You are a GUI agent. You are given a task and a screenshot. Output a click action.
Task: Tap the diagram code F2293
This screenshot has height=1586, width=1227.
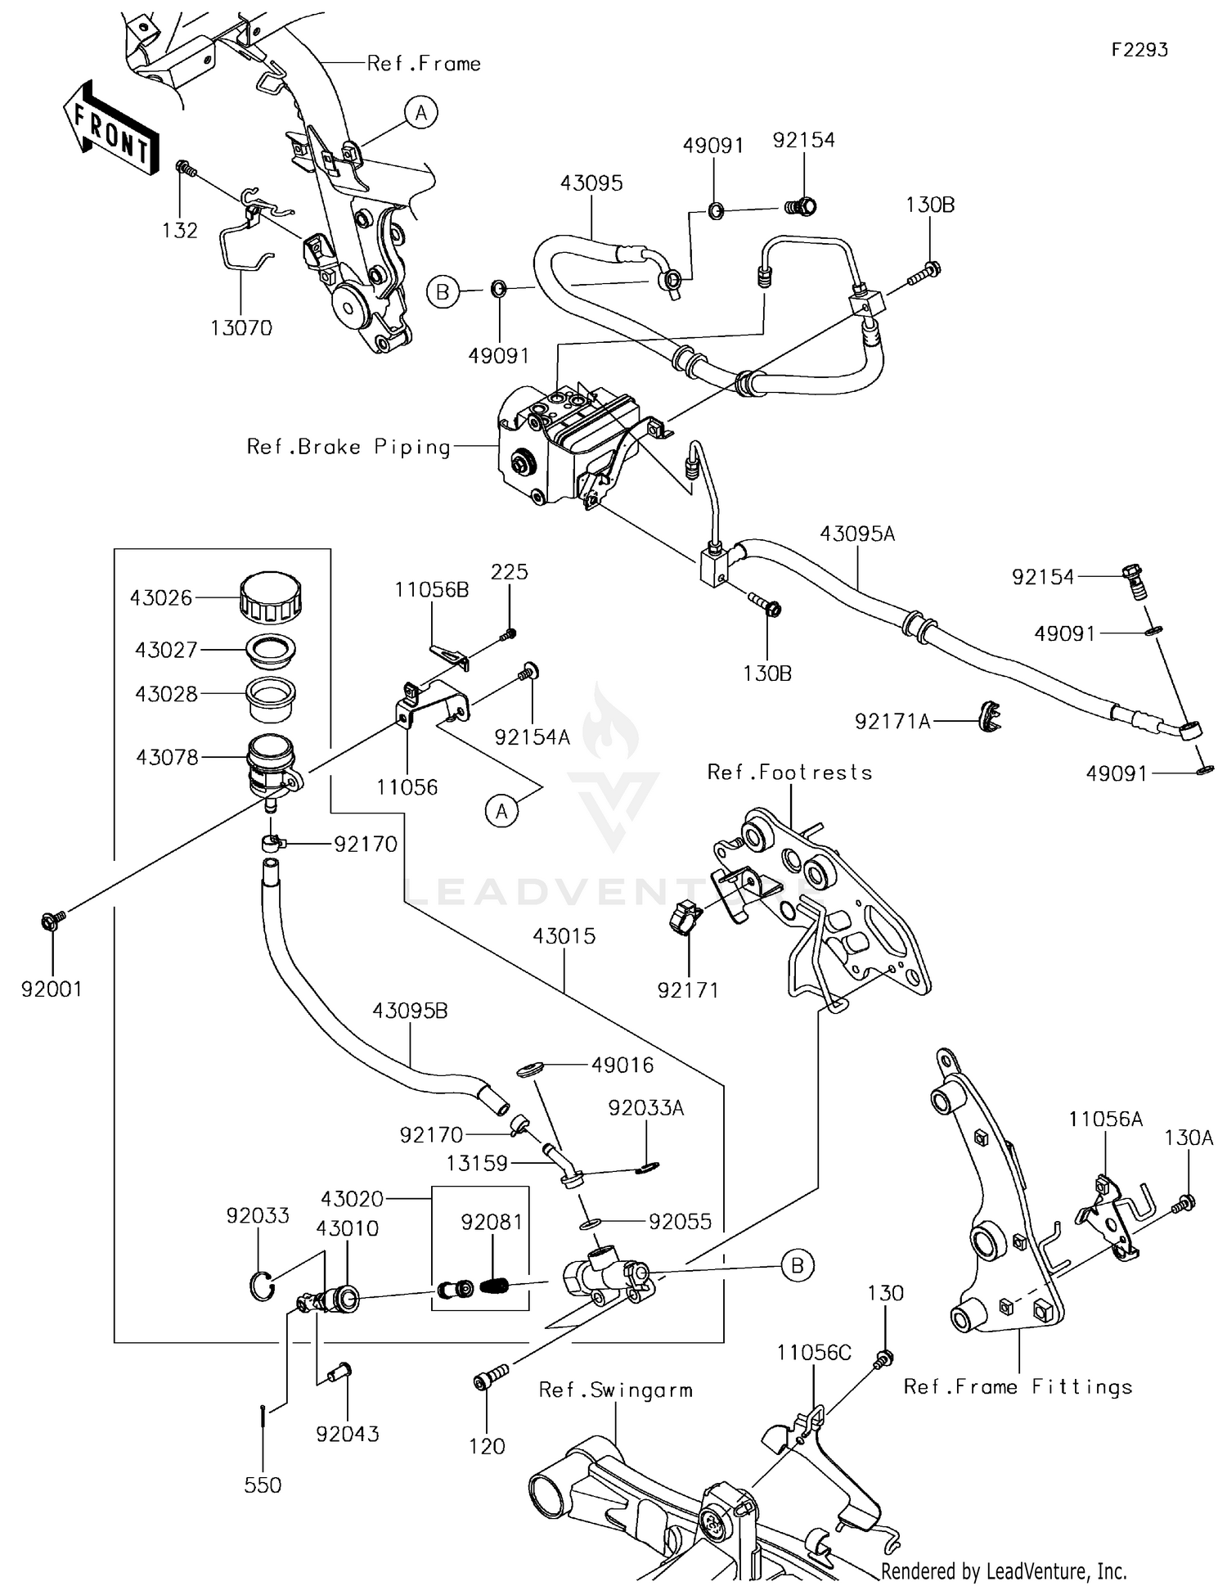click(1139, 50)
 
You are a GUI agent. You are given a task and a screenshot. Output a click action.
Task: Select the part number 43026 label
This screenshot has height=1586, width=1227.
click(161, 598)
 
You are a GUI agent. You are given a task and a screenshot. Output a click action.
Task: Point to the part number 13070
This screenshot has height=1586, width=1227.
click(241, 328)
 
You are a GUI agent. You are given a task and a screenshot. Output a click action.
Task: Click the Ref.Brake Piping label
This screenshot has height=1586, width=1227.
click(348, 447)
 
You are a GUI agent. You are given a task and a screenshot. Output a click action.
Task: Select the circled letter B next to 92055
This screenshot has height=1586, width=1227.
click(798, 1265)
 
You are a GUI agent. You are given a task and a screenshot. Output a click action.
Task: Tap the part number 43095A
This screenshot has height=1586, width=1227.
click(857, 534)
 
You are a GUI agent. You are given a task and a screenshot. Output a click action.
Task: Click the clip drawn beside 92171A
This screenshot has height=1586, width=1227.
click(991, 716)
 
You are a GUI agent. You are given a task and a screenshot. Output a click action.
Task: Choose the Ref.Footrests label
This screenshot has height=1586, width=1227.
click(789, 773)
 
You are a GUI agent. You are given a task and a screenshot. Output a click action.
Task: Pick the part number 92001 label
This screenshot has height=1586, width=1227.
click(52, 989)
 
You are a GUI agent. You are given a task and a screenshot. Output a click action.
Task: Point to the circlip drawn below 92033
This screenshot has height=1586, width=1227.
click(260, 1286)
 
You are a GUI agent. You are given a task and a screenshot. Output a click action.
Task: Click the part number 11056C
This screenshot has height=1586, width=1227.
click(814, 1353)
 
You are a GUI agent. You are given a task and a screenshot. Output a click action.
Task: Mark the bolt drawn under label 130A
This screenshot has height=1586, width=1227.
click(1183, 1204)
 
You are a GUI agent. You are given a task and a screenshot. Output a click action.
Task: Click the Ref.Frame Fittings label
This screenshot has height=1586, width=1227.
click(1018, 1387)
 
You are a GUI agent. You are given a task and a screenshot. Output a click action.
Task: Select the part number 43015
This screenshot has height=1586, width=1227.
click(564, 936)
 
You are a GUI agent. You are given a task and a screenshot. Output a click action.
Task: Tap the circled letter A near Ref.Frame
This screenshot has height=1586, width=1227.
click(420, 112)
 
